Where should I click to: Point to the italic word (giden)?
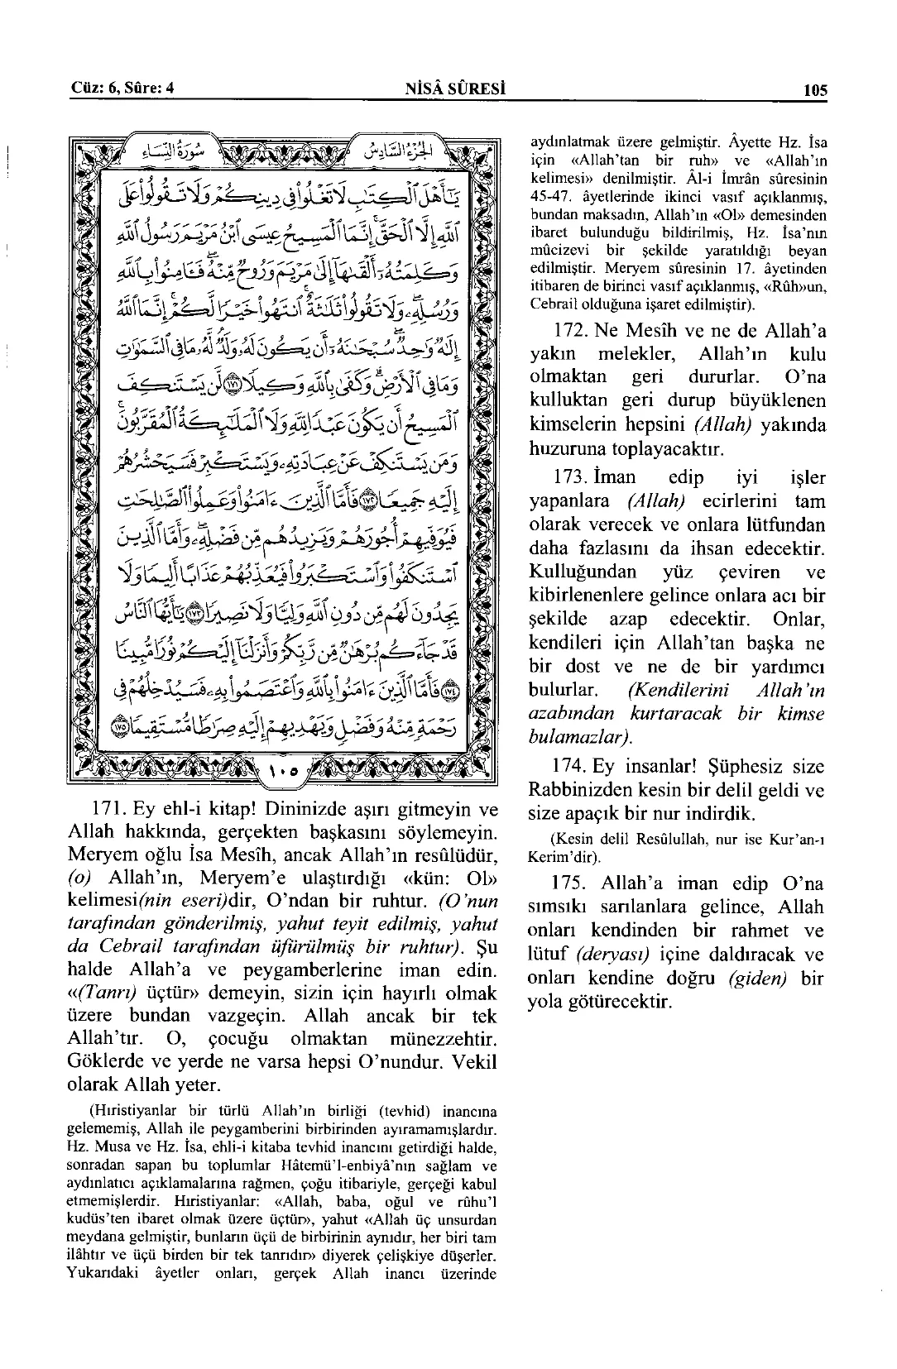(x=758, y=979)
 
